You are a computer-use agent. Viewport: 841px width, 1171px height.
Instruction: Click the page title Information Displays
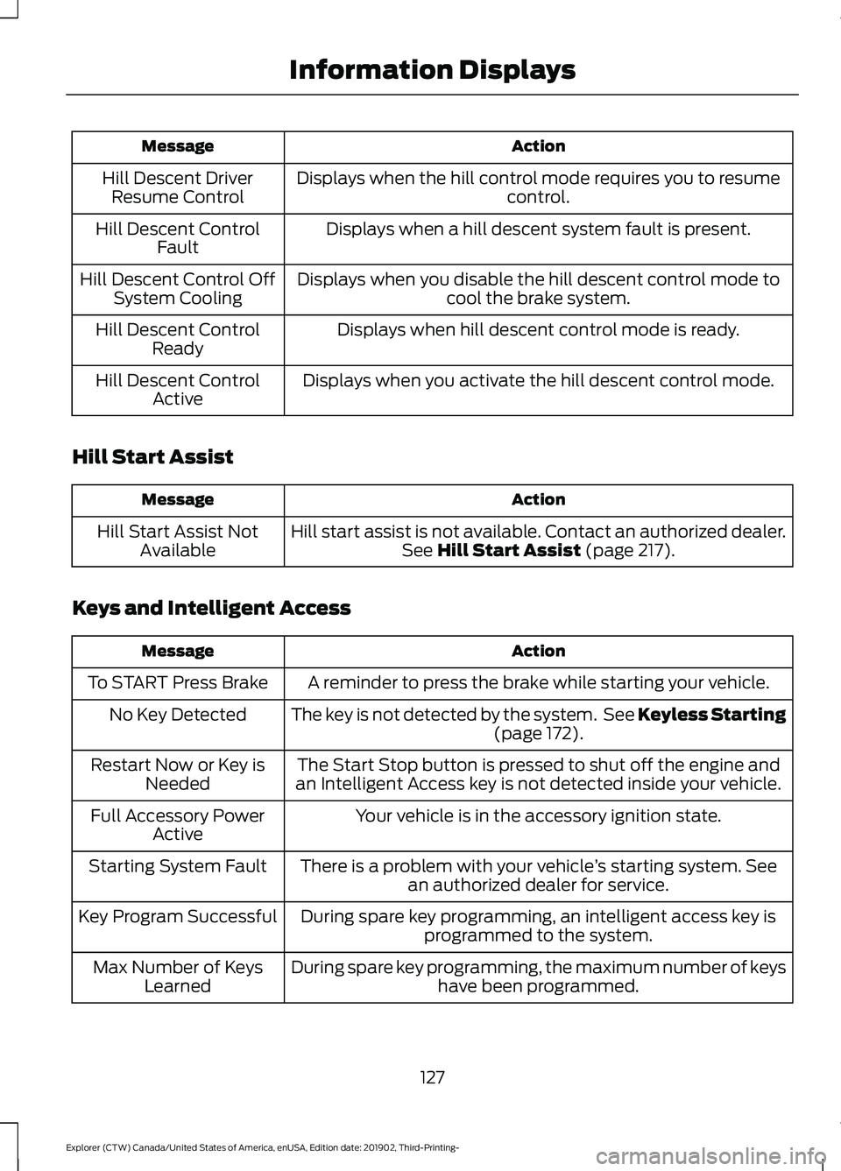(432, 70)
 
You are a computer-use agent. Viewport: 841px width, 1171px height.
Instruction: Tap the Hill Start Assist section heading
(152, 457)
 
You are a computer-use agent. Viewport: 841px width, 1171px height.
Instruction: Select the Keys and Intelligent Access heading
(211, 608)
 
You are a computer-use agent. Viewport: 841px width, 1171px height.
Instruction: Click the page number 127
(432, 1077)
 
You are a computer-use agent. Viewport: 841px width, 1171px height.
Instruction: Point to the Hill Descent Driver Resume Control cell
(178, 187)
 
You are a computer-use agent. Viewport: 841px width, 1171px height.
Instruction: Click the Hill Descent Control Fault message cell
(178, 238)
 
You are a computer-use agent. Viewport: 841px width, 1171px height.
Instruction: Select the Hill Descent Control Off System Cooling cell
(178, 288)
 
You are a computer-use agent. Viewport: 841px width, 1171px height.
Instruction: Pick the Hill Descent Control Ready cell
(178, 339)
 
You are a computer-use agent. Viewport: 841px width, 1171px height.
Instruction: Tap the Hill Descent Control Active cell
(178, 390)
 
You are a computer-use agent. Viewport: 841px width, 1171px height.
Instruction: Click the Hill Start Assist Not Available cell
(178, 541)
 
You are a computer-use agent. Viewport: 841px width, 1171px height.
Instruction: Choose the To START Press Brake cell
(178, 683)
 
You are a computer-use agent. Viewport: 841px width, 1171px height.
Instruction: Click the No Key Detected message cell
(178, 715)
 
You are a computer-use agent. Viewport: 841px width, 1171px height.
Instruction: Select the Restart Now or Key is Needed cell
(178, 774)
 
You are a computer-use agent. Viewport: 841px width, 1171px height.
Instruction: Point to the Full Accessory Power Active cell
(178, 825)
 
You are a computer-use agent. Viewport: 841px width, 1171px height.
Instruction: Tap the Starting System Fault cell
(178, 866)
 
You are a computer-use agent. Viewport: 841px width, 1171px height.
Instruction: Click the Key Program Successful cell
(178, 917)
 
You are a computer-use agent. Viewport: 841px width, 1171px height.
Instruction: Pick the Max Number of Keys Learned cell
(178, 977)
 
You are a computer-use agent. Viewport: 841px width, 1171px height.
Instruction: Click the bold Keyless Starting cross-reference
(711, 715)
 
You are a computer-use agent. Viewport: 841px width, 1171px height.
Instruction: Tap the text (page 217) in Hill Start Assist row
(630, 551)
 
